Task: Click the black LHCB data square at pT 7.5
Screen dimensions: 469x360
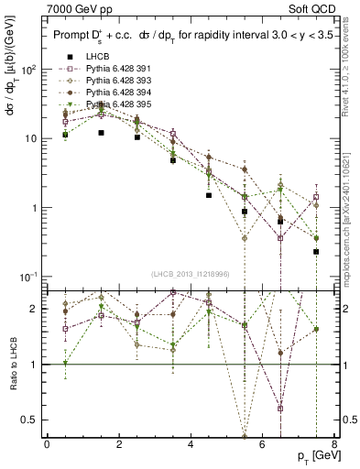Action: (316, 251)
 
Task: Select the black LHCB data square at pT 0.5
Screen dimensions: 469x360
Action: (65, 135)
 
